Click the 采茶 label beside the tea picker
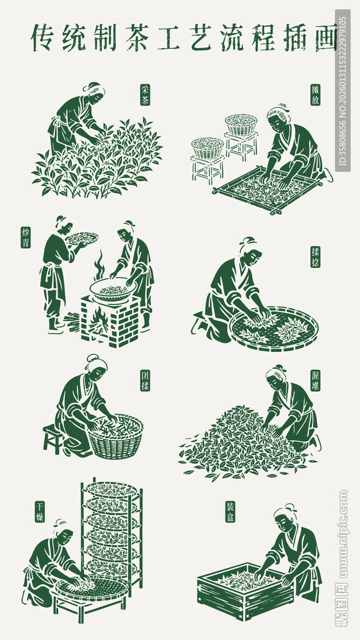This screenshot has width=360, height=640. click(x=145, y=94)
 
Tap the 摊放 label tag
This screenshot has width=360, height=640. click(x=315, y=94)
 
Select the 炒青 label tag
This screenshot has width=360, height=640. click(x=26, y=237)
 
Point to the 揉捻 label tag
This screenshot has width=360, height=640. click(x=315, y=256)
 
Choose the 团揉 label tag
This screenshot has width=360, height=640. click(x=145, y=381)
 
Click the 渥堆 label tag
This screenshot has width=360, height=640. click(x=315, y=381)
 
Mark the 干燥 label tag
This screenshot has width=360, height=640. click(x=39, y=511)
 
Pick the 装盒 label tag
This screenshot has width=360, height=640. click(x=230, y=511)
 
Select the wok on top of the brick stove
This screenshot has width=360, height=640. click(x=112, y=289)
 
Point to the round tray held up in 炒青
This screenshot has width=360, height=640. click(x=82, y=238)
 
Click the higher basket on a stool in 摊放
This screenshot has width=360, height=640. click(x=241, y=124)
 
